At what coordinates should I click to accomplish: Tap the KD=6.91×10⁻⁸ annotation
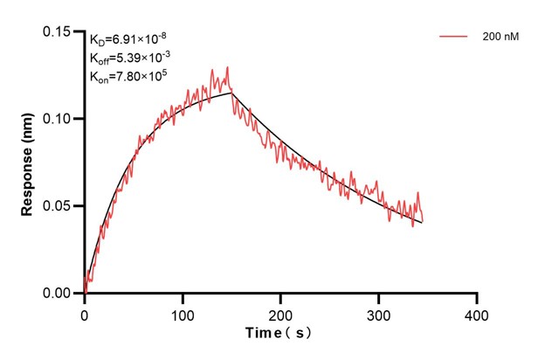pyautogui.click(x=128, y=39)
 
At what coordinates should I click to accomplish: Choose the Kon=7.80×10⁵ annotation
pyautogui.click(x=128, y=76)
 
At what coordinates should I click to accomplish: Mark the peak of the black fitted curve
pyautogui.click(x=231, y=93)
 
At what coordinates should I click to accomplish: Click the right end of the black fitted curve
pyautogui.click(x=423, y=223)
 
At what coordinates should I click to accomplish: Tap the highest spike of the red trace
pyautogui.click(x=227, y=67)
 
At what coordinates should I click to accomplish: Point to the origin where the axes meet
pyautogui.click(x=84, y=294)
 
